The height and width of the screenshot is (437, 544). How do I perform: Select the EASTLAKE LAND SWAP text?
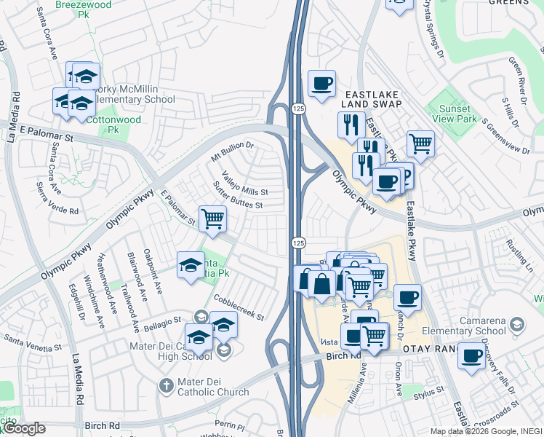(374, 100)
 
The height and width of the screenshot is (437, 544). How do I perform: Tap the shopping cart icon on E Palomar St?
(212, 218)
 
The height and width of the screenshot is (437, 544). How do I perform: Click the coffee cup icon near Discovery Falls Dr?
(472, 355)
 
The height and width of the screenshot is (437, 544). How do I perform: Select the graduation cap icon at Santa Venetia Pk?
(191, 264)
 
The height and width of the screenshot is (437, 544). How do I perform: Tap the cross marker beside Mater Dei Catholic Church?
(166, 384)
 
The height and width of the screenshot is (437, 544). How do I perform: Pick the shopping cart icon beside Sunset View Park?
(420, 143)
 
